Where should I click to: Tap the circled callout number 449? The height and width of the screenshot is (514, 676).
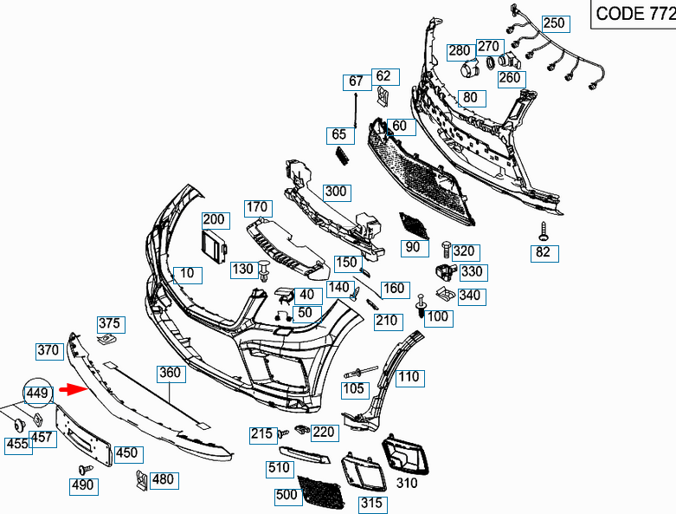point(38,394)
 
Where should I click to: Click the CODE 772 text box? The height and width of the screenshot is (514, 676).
point(633,14)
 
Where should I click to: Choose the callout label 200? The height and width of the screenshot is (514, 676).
point(214,220)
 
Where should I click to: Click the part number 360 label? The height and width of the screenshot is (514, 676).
point(169,373)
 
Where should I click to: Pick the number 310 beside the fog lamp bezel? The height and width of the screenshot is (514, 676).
point(406,483)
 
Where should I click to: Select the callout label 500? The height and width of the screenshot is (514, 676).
point(286,496)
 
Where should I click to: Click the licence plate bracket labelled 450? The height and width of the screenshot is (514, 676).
point(83,433)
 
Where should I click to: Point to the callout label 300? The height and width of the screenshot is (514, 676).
point(335,191)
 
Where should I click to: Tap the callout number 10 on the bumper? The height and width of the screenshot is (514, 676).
point(187,275)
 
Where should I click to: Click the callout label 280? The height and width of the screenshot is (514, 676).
point(459,51)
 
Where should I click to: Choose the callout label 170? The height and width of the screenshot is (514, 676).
point(257,207)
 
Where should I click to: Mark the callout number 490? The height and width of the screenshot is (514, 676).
point(82,485)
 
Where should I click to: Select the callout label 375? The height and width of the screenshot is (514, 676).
point(109,324)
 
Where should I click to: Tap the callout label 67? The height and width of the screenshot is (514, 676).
point(356,82)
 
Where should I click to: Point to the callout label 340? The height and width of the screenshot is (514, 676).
point(469,296)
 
